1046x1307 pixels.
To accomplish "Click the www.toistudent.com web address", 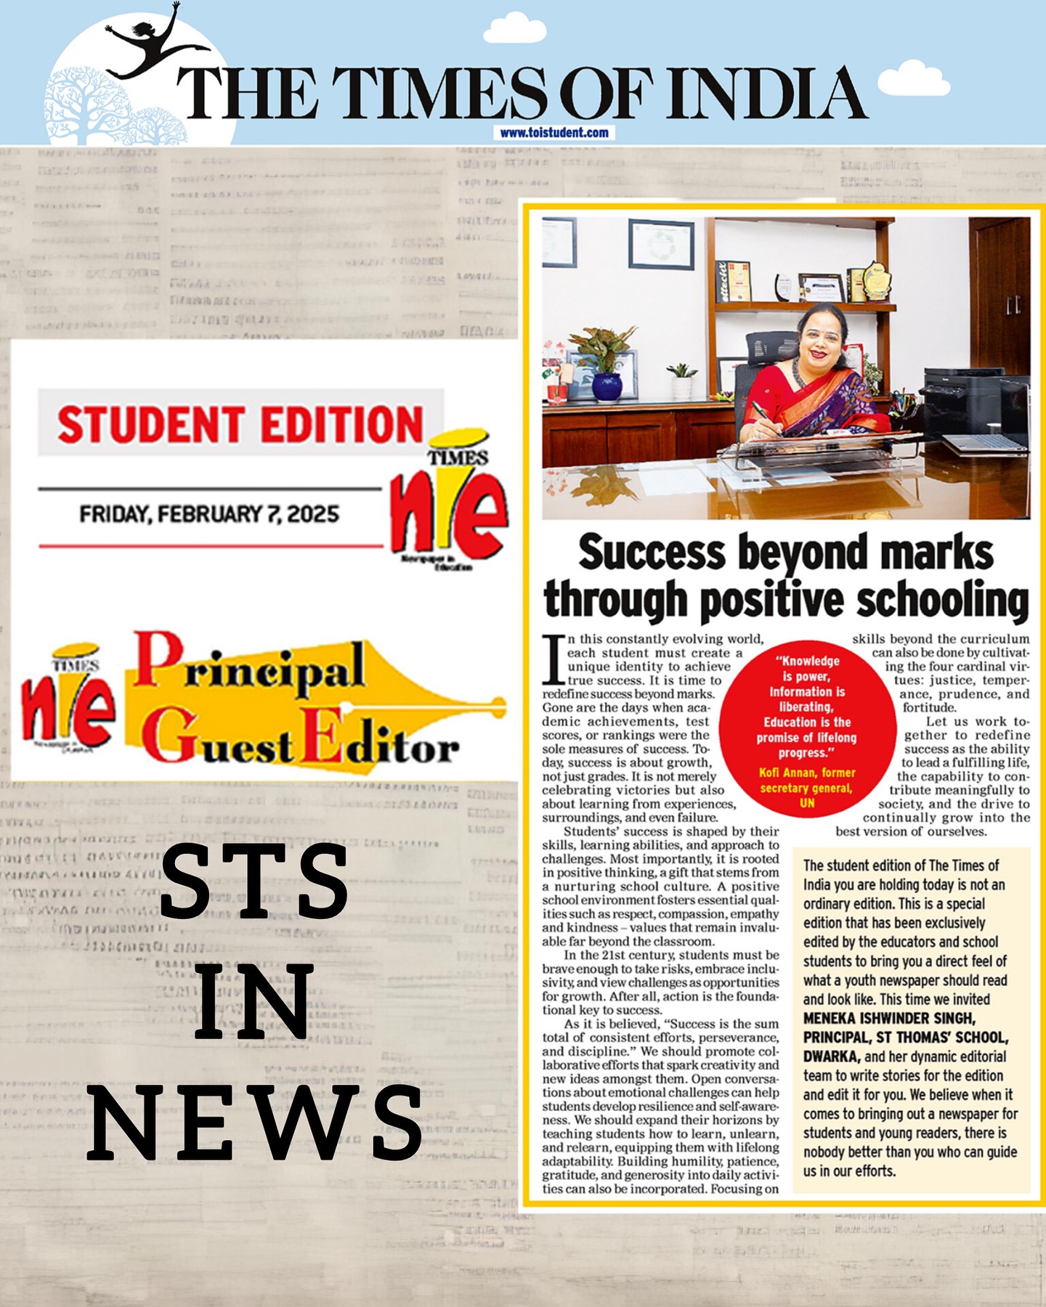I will (x=554, y=133).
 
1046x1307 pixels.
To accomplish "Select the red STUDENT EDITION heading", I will (x=240, y=424).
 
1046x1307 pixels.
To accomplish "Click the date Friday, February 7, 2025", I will (x=209, y=514).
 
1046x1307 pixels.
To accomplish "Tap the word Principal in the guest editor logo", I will (x=250, y=664).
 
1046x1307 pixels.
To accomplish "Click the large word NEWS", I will (x=254, y=1122).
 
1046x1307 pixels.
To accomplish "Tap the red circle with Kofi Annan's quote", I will (x=807, y=730).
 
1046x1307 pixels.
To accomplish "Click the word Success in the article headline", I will (x=652, y=553).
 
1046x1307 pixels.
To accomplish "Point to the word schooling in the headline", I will (x=943, y=600).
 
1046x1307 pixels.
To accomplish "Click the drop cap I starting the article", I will (x=554, y=659).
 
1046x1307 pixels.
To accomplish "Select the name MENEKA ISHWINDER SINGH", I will (x=889, y=1018).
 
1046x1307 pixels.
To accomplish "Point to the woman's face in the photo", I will (x=822, y=338).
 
